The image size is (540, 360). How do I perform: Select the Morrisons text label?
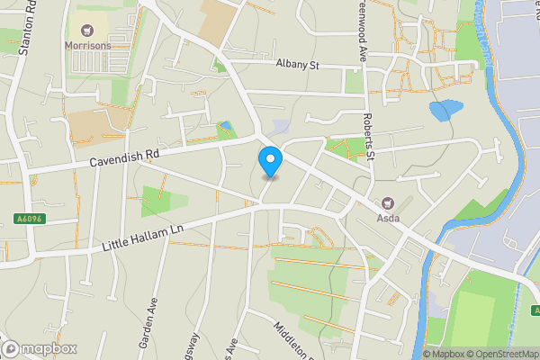click(88, 45)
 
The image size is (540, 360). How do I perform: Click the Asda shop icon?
click(389, 203)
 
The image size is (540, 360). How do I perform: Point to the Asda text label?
click(389, 218)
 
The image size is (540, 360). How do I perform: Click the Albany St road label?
click(297, 65)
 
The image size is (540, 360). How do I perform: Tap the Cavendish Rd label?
click(124, 158)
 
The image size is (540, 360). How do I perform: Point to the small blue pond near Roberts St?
click(445, 112)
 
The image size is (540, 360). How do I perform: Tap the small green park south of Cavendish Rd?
click(163, 202)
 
